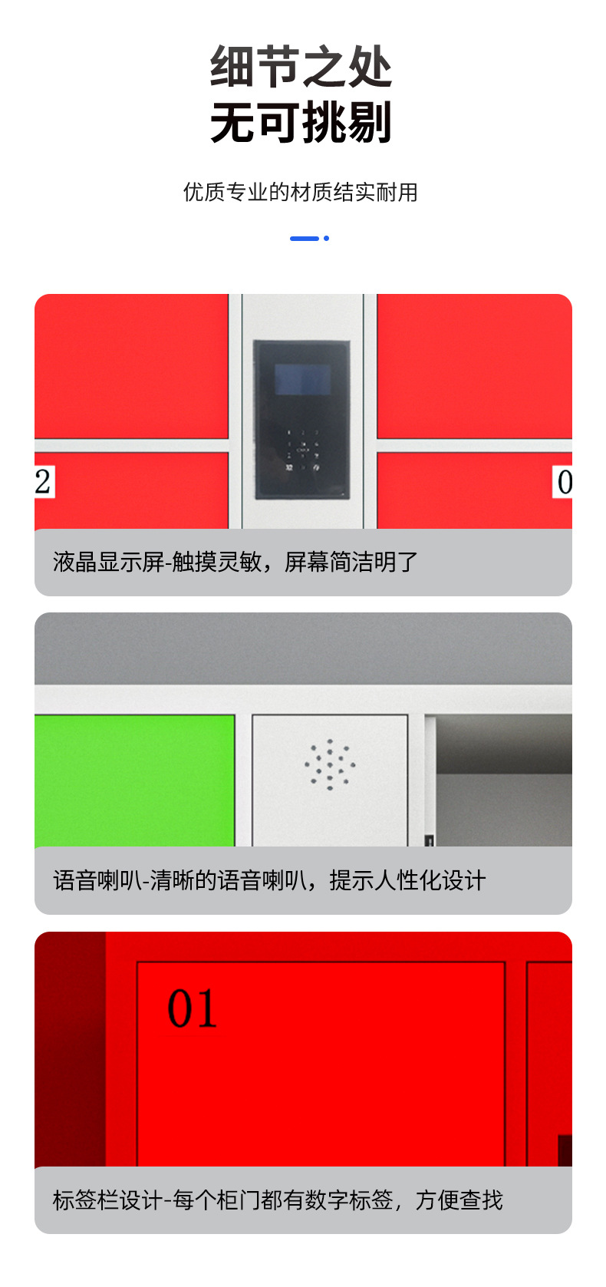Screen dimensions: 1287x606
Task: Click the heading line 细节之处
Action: (301, 67)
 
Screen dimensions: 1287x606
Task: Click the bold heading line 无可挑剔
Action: (301, 123)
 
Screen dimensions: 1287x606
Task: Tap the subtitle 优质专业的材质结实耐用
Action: (301, 192)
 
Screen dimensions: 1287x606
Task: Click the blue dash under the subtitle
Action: (304, 239)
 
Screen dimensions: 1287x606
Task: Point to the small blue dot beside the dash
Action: (327, 239)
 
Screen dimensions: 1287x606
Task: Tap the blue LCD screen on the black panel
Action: (302, 379)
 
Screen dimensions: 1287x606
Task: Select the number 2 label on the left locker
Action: (44, 482)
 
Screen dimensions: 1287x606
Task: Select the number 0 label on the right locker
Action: (564, 483)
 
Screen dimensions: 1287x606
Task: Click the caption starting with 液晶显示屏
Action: (235, 563)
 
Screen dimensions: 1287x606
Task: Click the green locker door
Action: (134, 780)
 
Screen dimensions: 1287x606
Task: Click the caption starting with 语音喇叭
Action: (269, 880)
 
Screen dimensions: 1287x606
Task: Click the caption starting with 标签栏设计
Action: (278, 1200)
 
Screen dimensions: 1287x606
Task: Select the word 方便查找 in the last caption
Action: (459, 1200)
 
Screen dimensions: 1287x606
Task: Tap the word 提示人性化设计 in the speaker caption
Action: (407, 880)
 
